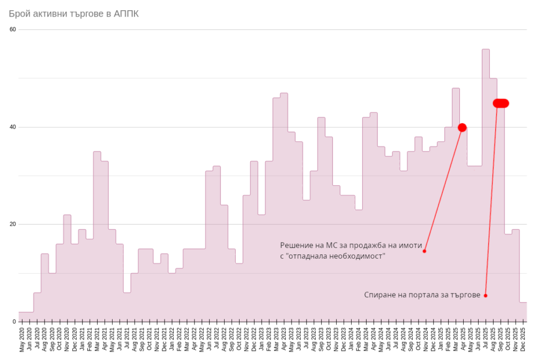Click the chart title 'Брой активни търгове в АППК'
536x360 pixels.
coord(73,13)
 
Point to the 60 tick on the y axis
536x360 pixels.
coord(13,29)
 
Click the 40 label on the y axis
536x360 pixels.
coord(13,127)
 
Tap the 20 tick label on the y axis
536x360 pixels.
coord(13,224)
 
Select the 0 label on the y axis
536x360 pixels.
coord(14,321)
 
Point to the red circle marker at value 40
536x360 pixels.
coord(462,127)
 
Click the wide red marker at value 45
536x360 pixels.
coord(501,103)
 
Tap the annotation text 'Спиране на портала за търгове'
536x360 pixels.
coord(422,295)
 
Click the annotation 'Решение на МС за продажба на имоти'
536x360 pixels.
coord(351,245)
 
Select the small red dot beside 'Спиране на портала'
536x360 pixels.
coord(485,296)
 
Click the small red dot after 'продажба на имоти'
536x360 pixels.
coord(424,251)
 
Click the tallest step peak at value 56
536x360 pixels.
coord(486,50)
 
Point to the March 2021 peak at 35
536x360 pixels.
coord(97,152)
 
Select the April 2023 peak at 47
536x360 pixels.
coord(284,94)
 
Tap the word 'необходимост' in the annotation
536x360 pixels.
coord(360,256)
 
